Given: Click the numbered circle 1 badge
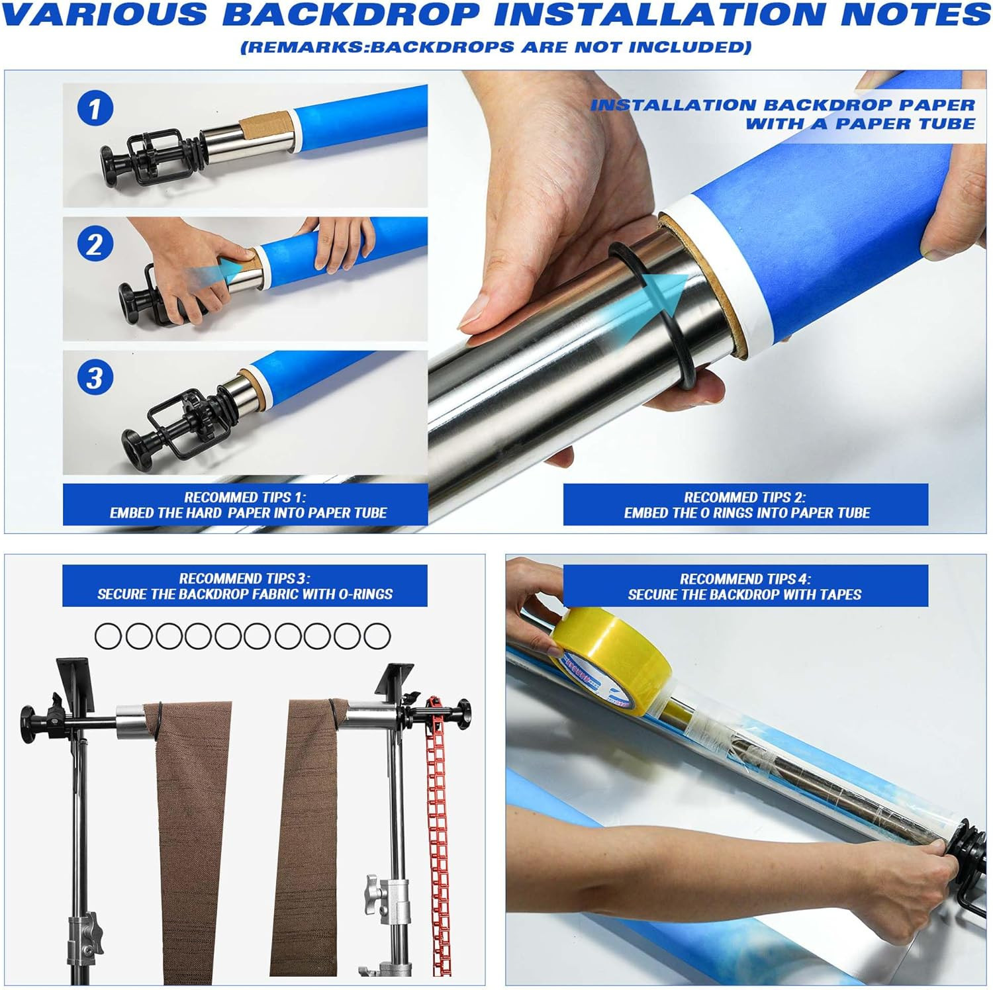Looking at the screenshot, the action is coord(95,109).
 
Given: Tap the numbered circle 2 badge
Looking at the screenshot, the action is coord(95,244).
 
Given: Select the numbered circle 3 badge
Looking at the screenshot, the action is coord(95,378).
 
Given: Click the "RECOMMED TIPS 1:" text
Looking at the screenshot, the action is coord(245,497).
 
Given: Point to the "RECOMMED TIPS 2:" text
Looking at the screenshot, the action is coord(745,497).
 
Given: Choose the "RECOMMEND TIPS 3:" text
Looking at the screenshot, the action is coord(245,578).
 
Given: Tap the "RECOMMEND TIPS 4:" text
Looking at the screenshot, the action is coord(745,579).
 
